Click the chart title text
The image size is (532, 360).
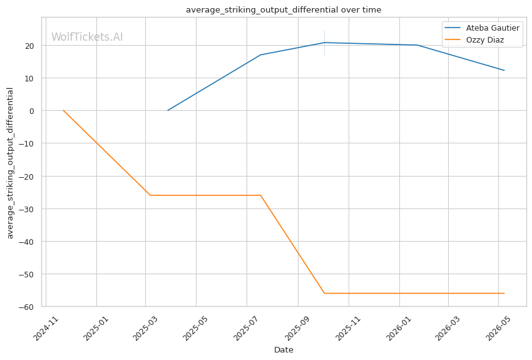tap(284, 10)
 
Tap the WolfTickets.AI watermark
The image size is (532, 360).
tap(87, 37)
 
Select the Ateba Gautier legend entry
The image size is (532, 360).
tap(482, 28)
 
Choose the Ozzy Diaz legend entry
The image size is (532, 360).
tap(474, 39)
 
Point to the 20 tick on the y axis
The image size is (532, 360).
tap(29, 46)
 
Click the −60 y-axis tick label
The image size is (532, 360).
tap(26, 307)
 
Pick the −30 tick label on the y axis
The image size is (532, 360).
tap(26, 209)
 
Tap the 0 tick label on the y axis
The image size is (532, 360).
tap(32, 111)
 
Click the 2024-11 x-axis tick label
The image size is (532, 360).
tap(46, 329)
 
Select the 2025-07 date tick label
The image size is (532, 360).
tap(247, 329)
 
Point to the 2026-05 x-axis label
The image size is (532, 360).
tap(498, 329)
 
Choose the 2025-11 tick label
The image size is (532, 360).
tap(349, 329)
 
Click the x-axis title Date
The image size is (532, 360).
tap(284, 350)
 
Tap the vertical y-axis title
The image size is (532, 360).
tap(10, 163)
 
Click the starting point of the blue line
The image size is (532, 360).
tap(168, 110)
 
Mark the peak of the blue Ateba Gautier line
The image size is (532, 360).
tap(324, 43)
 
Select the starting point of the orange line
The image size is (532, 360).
tap(63, 110)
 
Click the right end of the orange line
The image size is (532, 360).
tap(504, 293)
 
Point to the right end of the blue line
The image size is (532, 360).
tap(504, 70)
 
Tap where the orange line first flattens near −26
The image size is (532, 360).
tap(150, 195)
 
